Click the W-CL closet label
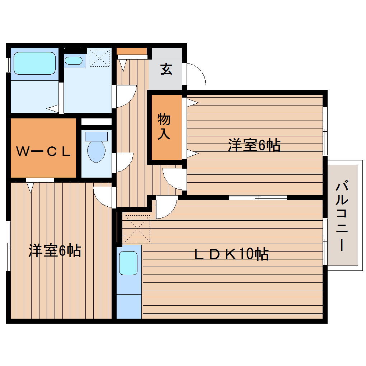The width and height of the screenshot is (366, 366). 43,152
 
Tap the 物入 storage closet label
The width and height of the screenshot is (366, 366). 164,126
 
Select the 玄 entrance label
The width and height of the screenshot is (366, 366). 166,69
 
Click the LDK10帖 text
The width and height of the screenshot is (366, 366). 231,254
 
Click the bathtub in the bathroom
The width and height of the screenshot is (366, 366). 34,64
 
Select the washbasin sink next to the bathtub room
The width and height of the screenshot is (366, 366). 74,60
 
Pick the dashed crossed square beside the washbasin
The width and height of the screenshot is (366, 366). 99,57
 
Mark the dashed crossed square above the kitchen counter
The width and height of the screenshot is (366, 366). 136,229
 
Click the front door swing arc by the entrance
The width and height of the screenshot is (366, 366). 195,74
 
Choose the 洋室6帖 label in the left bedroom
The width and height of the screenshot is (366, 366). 55,251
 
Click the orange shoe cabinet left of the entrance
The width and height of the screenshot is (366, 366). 131,51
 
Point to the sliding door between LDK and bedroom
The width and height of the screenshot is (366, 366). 258,197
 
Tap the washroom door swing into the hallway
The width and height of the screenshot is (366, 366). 125,96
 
